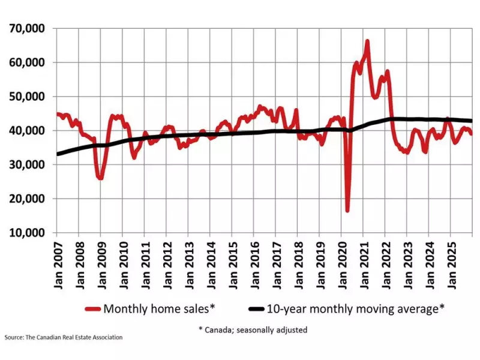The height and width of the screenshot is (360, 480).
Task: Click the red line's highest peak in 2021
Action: coord(367,41)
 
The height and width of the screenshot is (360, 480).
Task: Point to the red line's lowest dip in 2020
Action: coord(347,210)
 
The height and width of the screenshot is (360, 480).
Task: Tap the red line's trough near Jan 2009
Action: coord(100,178)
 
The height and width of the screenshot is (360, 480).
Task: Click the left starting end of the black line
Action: coord(58,154)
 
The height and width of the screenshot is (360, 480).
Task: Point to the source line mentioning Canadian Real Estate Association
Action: coord(64,337)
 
